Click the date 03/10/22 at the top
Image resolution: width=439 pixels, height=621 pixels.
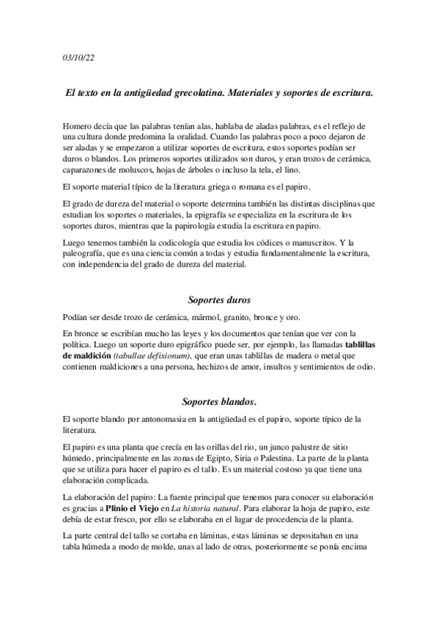75,59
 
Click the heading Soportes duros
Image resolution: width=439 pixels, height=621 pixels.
219,300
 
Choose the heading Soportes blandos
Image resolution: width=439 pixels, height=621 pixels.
219,401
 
